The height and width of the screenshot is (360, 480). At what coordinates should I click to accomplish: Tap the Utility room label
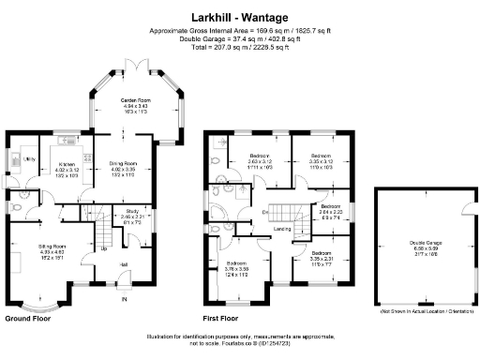pos(28,159)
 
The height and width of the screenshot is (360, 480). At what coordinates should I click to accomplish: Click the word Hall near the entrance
pos(123,264)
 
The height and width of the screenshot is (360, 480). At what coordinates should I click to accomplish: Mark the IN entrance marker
pos(123,299)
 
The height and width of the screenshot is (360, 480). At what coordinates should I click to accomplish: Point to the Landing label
pos(279,228)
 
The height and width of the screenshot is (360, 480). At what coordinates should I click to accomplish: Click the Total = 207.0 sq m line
pos(241,47)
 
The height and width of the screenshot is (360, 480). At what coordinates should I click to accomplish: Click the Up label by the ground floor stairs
pos(102,249)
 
